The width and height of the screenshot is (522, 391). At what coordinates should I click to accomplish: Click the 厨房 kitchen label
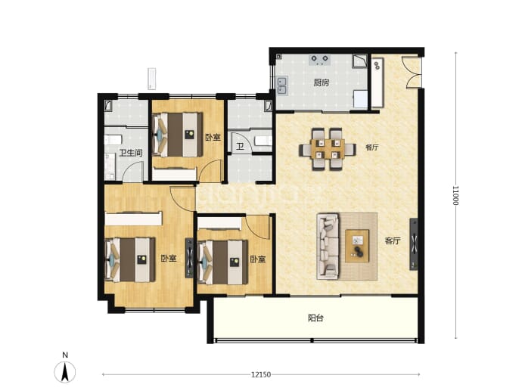(x=321, y=82)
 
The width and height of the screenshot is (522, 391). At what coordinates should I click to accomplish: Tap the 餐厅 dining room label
(x=372, y=147)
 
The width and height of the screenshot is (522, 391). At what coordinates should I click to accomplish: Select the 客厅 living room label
(x=393, y=241)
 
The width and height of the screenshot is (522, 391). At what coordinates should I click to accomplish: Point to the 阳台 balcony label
(x=315, y=318)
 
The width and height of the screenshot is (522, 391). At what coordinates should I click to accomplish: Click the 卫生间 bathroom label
(x=131, y=153)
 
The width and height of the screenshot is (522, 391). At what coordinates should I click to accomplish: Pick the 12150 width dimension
(x=261, y=374)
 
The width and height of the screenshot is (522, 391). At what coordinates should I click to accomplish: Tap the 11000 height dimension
(x=455, y=196)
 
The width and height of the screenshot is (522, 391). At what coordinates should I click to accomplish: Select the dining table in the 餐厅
(x=328, y=150)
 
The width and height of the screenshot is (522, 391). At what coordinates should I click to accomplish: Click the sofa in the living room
(x=328, y=247)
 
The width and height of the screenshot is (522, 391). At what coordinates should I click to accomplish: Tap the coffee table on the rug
(x=357, y=246)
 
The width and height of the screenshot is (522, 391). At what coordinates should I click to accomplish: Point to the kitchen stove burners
(x=319, y=60)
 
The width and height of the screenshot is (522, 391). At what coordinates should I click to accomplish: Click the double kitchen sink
(x=282, y=85)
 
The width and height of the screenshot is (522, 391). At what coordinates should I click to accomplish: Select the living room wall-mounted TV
(x=414, y=244)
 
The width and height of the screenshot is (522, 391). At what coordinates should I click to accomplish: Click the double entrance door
(x=412, y=73)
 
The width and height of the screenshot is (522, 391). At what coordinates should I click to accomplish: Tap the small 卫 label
(x=240, y=147)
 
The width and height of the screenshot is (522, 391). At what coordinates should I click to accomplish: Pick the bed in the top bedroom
(x=178, y=135)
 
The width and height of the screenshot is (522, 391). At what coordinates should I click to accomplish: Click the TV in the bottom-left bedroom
(x=189, y=258)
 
